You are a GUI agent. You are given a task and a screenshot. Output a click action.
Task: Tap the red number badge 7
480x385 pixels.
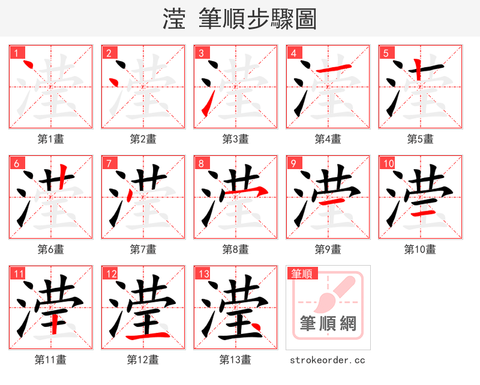click(109, 163)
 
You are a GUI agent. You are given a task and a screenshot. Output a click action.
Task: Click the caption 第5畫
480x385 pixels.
click(420, 139)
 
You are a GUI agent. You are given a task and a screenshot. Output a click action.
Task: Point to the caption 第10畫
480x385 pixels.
click(420, 249)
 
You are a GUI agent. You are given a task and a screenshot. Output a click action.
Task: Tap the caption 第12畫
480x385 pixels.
click(143, 360)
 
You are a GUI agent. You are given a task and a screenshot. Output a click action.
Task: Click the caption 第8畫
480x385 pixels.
click(235, 249)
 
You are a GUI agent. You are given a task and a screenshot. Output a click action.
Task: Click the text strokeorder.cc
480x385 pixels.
click(328, 360)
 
